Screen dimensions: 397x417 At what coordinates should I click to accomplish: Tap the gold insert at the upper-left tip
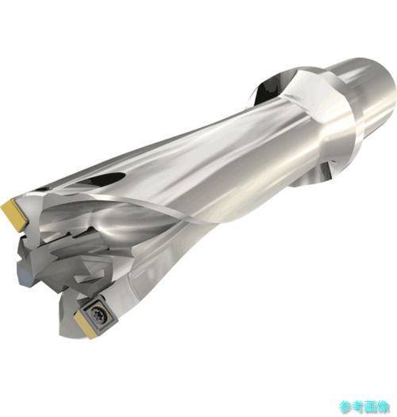[15, 214]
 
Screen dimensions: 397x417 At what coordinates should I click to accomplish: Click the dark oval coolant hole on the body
[102, 179]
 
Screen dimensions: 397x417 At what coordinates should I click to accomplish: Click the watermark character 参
[345, 407]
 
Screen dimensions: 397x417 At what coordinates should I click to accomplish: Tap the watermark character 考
[358, 407]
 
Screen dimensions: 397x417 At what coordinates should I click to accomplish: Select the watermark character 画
[371, 407]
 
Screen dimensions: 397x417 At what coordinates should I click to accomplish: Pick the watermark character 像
[384, 407]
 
